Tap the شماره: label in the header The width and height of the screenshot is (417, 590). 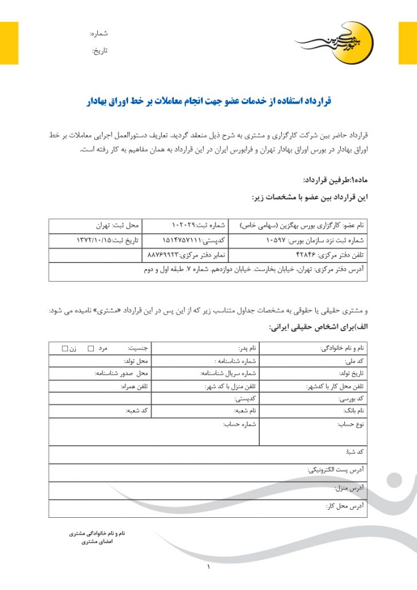coord(99,34)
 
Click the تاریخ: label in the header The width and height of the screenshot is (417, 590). coord(100,51)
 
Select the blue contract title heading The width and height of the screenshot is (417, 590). coord(209,101)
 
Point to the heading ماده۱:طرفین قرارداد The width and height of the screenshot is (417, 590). coord(335,179)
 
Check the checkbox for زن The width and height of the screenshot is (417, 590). coord(65,348)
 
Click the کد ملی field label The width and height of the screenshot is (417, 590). coord(355,362)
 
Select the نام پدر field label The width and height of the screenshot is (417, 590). coord(247,348)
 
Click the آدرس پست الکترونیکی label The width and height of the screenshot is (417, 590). coord(336,470)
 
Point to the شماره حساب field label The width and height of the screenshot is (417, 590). coord(239,424)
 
